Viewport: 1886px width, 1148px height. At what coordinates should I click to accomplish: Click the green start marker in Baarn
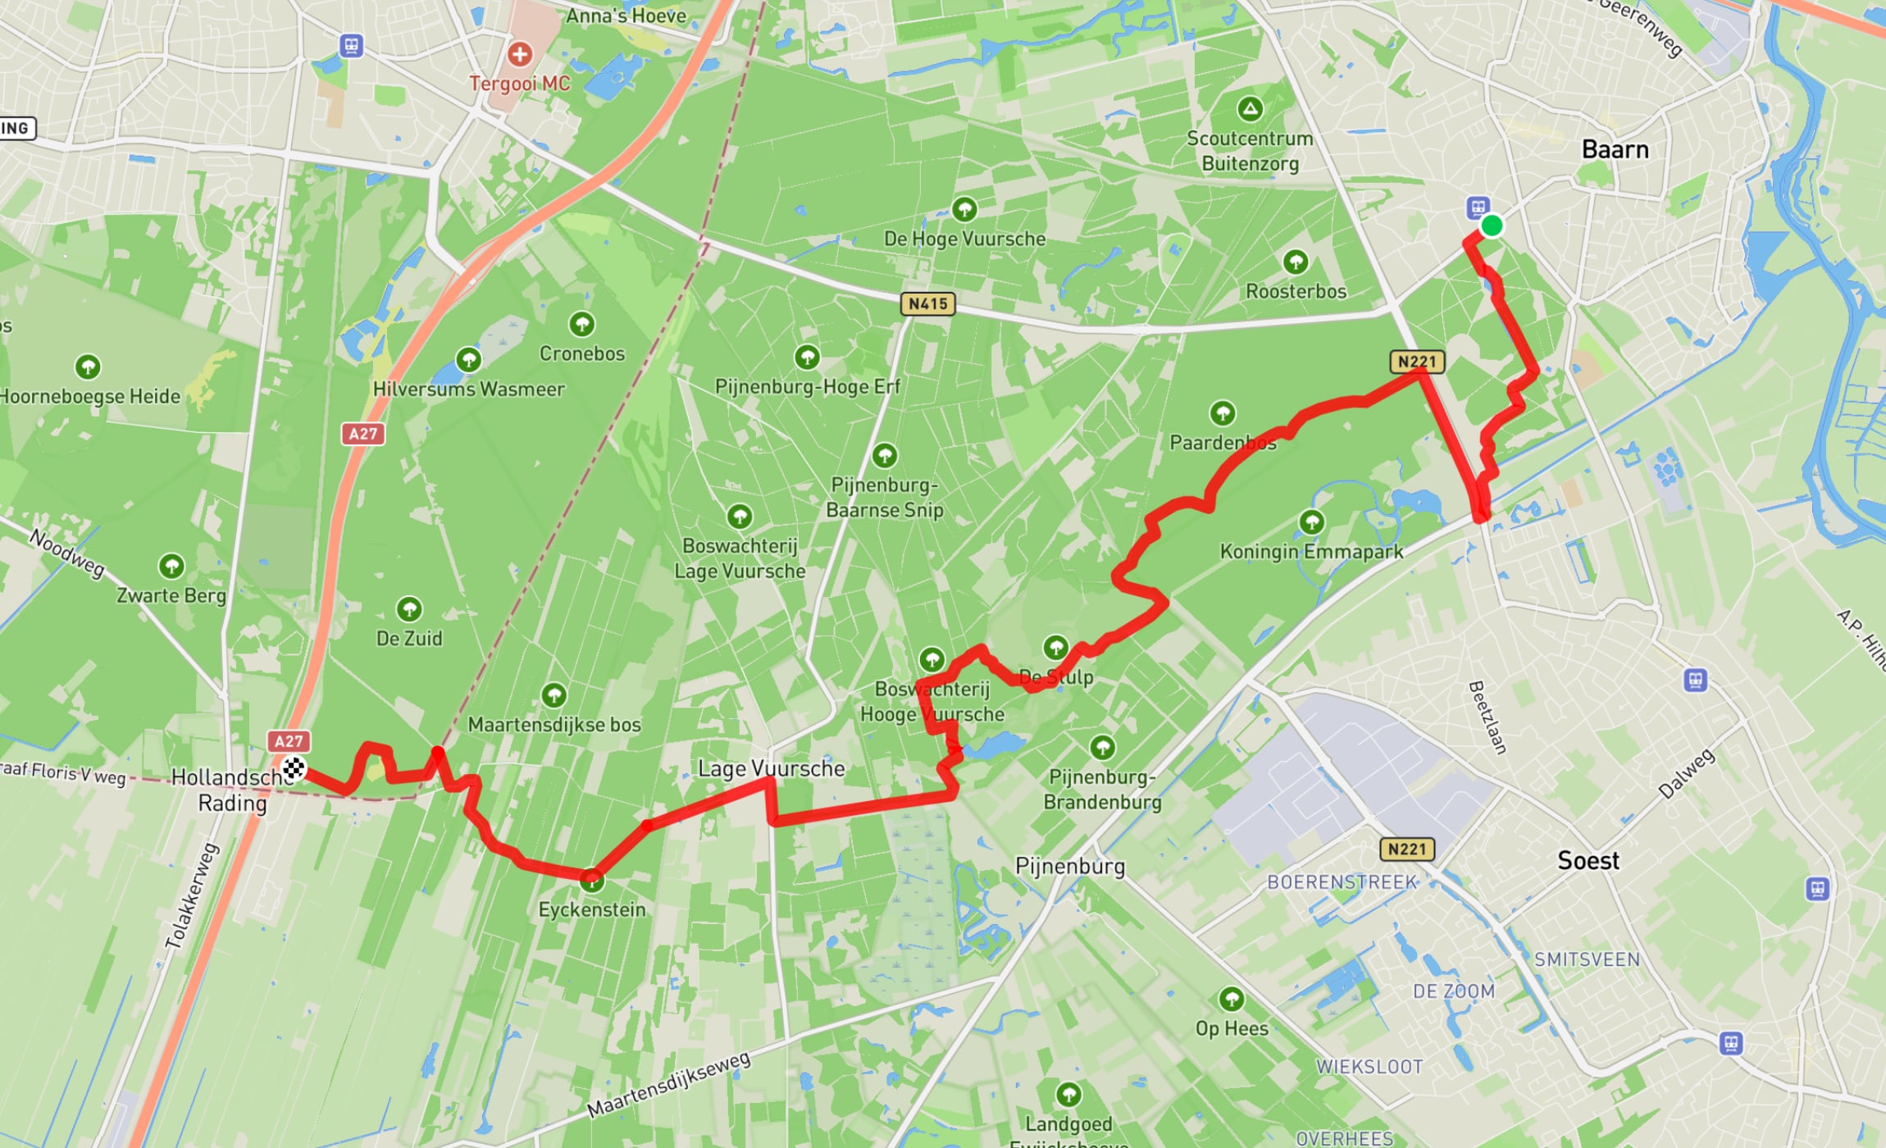[1492, 225]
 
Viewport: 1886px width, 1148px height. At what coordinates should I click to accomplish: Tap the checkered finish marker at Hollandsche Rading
[293, 768]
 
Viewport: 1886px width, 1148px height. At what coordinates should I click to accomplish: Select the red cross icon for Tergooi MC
[519, 55]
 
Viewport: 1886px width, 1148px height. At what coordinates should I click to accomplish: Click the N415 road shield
[927, 304]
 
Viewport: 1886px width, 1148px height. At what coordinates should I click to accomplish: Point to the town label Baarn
[1615, 150]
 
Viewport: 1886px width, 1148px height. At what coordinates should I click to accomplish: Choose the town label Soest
[1588, 861]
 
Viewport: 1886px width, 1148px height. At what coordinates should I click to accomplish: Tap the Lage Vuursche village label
[771, 768]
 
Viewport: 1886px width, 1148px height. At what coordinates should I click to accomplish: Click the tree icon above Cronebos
[581, 325]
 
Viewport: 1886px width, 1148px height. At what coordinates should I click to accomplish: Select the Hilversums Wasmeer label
[469, 389]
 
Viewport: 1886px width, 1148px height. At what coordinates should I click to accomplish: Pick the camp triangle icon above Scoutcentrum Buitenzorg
[1250, 109]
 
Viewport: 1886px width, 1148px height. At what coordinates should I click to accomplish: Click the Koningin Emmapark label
[1311, 552]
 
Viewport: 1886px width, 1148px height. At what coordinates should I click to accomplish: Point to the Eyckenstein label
[592, 909]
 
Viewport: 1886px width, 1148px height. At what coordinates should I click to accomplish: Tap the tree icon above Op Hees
[1231, 1000]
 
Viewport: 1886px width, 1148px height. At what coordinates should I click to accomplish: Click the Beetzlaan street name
[1487, 717]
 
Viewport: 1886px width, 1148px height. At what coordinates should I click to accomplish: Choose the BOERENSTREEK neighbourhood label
[1342, 882]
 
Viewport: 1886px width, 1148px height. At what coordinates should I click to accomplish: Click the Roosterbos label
[1296, 292]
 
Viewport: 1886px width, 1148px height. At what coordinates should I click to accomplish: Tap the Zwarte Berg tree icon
[171, 566]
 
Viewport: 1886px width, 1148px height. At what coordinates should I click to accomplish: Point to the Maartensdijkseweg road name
[668, 1085]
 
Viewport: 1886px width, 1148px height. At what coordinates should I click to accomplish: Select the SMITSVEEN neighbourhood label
[1587, 959]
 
